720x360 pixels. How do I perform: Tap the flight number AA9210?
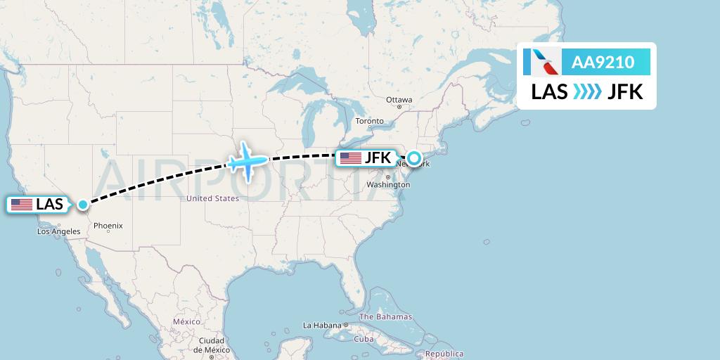point(603,63)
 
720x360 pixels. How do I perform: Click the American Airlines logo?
point(542,62)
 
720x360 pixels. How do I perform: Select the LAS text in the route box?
point(550,91)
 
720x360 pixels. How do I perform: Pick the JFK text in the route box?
point(625,91)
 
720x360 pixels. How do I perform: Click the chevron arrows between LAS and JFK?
point(587,91)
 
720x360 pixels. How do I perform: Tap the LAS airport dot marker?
point(83,205)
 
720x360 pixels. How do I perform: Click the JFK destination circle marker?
point(413,158)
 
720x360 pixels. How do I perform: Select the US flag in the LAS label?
point(22,205)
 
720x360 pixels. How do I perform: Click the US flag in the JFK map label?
point(350,158)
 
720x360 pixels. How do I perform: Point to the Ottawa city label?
point(399,100)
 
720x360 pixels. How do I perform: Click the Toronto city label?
point(370,121)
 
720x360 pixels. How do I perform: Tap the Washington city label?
point(388,185)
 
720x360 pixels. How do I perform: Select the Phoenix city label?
point(108,226)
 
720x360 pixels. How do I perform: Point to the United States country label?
point(212,199)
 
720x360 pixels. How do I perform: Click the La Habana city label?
point(321,326)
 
